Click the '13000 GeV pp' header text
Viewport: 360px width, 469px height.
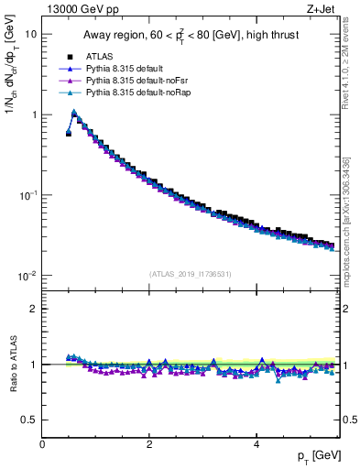82,11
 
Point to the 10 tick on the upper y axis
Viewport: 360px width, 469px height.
30,34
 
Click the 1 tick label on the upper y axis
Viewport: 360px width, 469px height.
34,115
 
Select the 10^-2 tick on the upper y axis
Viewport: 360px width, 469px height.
27,276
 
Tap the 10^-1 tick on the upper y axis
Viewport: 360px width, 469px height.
27,195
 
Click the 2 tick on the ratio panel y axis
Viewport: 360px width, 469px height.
34,309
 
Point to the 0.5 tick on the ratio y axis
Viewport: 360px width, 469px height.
29,420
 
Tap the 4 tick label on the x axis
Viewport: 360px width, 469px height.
256,443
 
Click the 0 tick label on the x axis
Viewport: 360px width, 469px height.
42,443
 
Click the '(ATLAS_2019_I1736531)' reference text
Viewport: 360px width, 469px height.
191,274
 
